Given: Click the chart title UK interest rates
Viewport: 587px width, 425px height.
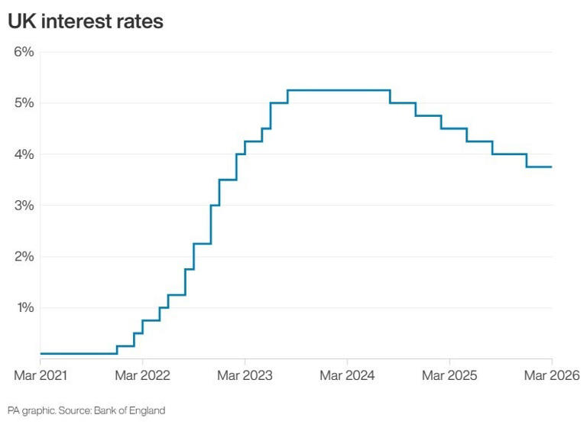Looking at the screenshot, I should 85,21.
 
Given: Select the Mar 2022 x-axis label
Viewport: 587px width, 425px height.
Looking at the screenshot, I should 143,375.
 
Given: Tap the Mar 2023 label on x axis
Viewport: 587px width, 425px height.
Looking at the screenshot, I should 245,375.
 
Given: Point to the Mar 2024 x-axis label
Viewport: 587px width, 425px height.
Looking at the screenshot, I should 347,375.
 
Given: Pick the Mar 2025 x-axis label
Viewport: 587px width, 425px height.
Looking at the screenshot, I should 449,375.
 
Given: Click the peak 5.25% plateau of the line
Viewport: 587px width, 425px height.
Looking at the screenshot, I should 339,90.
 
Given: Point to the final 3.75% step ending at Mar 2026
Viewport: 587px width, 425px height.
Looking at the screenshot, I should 539,167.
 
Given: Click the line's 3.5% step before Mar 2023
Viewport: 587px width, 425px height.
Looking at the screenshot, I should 228,180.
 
